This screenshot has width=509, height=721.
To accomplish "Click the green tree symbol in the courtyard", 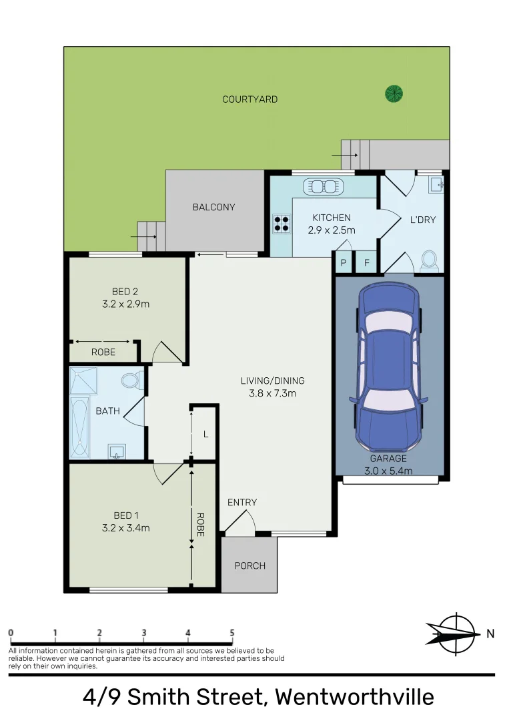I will click(394, 93).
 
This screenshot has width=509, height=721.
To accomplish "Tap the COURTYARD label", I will click(249, 99).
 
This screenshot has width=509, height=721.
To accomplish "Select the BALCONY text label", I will click(213, 207).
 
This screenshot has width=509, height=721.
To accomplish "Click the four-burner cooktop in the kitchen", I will click(282, 224).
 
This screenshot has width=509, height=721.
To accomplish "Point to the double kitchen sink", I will click(323, 186).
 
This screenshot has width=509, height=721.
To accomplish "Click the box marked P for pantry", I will click(344, 262).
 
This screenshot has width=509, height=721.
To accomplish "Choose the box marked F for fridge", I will click(366, 262).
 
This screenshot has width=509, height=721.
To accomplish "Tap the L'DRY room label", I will click(422, 219).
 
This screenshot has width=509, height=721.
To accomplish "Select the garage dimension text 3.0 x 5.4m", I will click(388, 471).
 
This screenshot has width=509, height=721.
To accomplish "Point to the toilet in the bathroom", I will click(130, 381).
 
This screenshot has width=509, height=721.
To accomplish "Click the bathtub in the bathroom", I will click(79, 427).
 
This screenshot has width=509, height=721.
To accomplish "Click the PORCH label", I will click(249, 565).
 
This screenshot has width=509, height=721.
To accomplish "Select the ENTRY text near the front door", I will click(241, 503).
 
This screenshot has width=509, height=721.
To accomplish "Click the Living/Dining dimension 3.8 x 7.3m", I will click(272, 393).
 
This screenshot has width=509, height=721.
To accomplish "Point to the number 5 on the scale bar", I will click(232, 633).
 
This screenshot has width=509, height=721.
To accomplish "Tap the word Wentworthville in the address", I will click(354, 698).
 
